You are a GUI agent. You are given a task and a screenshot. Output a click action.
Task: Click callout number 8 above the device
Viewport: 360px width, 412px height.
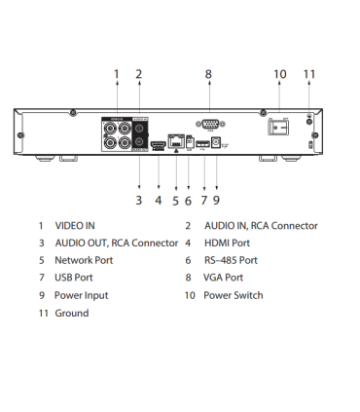tap(208, 73)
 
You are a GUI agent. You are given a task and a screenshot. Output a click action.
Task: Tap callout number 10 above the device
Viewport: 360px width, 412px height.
tap(280, 73)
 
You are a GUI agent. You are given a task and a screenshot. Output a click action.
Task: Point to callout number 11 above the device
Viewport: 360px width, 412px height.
tap(309, 73)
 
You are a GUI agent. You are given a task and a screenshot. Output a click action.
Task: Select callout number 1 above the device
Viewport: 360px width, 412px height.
tap(116, 73)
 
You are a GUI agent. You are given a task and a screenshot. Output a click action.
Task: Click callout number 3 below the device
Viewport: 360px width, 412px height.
tap(139, 201)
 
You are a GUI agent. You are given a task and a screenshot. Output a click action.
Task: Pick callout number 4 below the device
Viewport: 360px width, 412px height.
tap(158, 201)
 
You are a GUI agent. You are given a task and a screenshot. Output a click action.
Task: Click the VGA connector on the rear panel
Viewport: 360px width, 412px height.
tap(207, 125)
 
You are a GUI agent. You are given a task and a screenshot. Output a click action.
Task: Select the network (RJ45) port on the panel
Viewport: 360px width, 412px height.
tap(176, 141)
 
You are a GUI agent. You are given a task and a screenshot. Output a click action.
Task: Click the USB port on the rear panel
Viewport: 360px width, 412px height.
tap(200, 145)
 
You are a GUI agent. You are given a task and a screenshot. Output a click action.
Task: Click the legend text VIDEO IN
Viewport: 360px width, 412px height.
tap(74, 226)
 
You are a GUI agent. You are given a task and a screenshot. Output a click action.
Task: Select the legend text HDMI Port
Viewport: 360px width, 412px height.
tap(227, 243)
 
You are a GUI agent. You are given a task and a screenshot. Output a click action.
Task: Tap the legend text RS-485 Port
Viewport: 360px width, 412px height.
tap(231, 260)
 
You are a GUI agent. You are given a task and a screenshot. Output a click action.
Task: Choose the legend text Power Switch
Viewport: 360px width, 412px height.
tap(234, 295)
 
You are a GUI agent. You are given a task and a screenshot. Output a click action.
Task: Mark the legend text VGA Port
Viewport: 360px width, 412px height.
tap(224, 278)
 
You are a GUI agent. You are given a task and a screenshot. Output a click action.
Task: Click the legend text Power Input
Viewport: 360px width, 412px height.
tap(82, 295)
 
